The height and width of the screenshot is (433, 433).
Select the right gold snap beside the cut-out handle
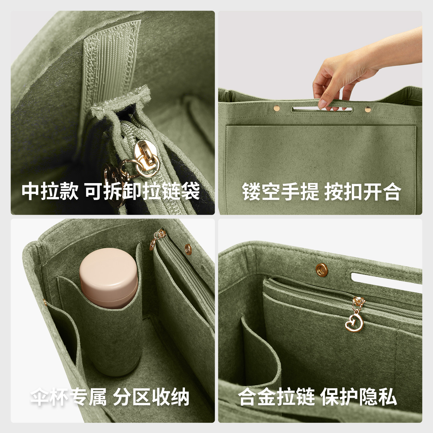click(367, 109)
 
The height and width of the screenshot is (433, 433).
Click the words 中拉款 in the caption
click(50, 191)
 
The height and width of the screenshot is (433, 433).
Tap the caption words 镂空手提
click(280, 191)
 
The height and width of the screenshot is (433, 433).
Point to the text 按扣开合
click(362, 191)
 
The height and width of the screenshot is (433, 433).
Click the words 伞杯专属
click(69, 398)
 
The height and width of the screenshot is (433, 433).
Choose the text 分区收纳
click(151, 398)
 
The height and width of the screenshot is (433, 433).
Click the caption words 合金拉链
click(276, 398)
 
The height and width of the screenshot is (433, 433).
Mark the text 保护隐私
click(358, 398)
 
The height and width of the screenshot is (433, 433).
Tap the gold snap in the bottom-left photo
click(188, 248)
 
